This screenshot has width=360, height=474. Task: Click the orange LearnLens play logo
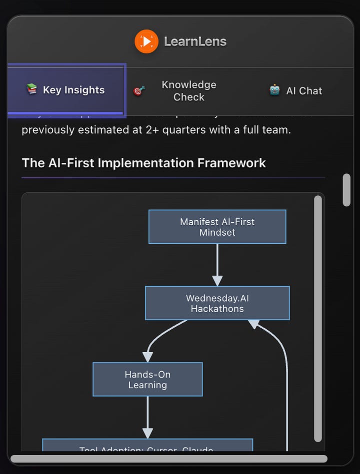pos(146,41)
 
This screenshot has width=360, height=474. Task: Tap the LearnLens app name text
pos(195,41)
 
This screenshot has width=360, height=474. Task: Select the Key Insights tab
pos(73,90)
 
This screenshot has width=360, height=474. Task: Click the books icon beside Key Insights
pos(31,89)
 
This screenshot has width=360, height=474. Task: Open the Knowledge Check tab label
pos(188,91)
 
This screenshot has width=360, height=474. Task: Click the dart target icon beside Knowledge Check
pos(139,91)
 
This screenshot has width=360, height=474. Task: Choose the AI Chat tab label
pos(304,91)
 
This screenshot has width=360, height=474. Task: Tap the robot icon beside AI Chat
pos(274,90)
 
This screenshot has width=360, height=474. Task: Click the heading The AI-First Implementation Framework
pos(143,163)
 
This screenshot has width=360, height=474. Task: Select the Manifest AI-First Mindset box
pos(217,227)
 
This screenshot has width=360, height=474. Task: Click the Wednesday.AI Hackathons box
pos(217,303)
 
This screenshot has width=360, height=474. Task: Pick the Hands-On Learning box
pos(147,380)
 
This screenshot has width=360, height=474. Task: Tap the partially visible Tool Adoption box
pos(147,447)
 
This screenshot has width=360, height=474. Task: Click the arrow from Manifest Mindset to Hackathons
pos(217,265)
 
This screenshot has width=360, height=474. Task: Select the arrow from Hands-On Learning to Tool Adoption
pos(147,417)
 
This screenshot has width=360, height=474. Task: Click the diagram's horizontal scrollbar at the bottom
pos(168,459)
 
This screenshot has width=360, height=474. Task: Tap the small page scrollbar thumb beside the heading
pos(346,190)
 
